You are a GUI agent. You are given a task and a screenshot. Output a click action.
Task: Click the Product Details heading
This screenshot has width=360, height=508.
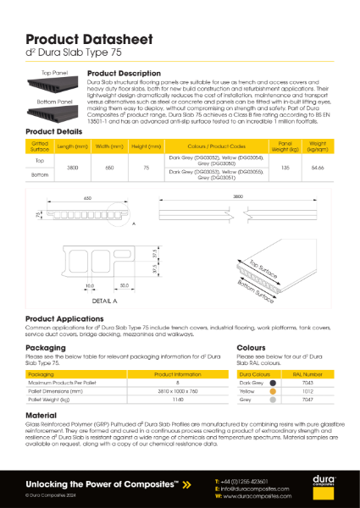point(53,133)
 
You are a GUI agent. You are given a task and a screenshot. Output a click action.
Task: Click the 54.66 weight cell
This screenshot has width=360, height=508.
point(317,168)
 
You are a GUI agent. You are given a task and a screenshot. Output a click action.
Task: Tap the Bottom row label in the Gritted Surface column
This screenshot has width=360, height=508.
point(39,175)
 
